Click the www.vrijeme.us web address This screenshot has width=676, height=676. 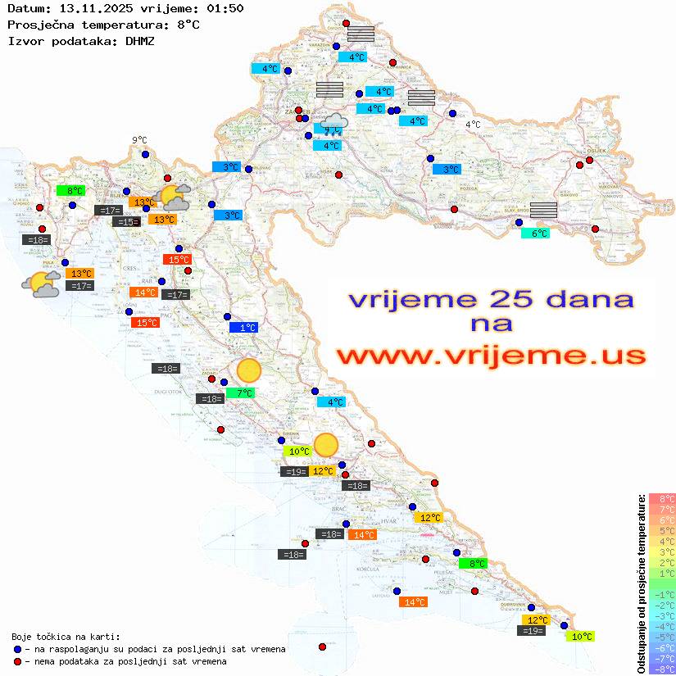[490, 356]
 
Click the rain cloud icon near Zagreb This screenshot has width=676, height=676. [333, 125]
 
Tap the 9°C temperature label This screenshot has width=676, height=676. [139, 140]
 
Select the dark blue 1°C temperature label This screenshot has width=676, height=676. [245, 328]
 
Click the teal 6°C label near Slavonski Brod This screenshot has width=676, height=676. [537, 234]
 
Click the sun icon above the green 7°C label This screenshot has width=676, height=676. [248, 371]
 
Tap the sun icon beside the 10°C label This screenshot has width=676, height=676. [326, 445]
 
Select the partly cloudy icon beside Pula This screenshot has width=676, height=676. [41, 284]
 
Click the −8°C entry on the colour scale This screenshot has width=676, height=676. [662, 669]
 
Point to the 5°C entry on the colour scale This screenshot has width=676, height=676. [662, 530]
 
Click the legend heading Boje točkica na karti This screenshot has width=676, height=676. [66, 637]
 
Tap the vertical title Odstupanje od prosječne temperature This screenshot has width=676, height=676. [642, 583]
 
